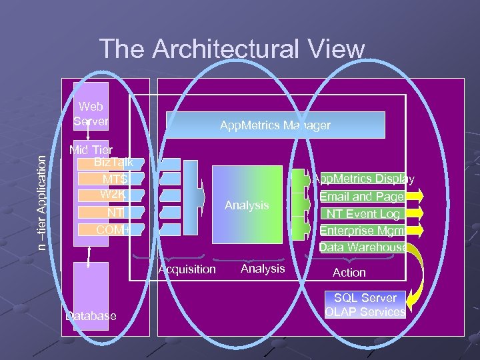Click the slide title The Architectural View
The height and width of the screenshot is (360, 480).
point(232,49)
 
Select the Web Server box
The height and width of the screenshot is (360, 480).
point(91,114)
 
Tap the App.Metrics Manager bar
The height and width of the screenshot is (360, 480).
point(275,125)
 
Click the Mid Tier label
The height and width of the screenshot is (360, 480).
point(91,151)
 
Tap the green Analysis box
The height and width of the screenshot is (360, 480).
point(246,205)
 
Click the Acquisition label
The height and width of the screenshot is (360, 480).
point(187,269)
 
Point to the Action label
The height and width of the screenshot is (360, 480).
point(349,273)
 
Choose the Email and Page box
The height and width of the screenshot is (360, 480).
point(362,197)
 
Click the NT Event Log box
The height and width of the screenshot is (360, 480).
point(362,214)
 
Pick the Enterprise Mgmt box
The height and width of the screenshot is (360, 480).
point(362,231)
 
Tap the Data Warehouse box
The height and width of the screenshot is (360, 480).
point(363,247)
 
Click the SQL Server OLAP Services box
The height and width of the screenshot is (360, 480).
point(365,305)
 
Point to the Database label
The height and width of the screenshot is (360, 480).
point(91,315)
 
